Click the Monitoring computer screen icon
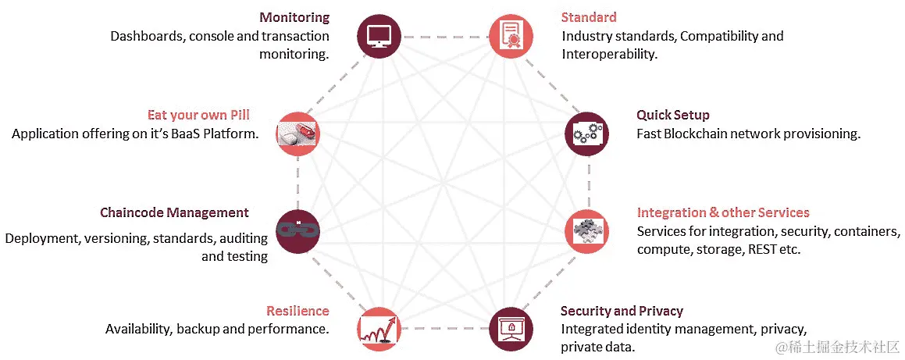pos(378,36)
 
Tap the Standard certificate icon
pos(511,36)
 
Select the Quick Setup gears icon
pos(586,134)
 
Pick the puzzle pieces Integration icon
pos(586,230)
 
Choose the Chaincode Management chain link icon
pos(298,230)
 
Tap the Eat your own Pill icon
pos(298,134)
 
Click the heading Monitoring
pos(294,17)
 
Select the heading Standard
pos(589,17)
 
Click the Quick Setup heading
pos(672,115)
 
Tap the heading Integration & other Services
pos(723,212)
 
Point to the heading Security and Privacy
pos(622,311)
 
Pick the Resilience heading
pos(298,311)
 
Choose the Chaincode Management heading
pos(174,212)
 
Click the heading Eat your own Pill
pos(198,115)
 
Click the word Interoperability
pos(608,54)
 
